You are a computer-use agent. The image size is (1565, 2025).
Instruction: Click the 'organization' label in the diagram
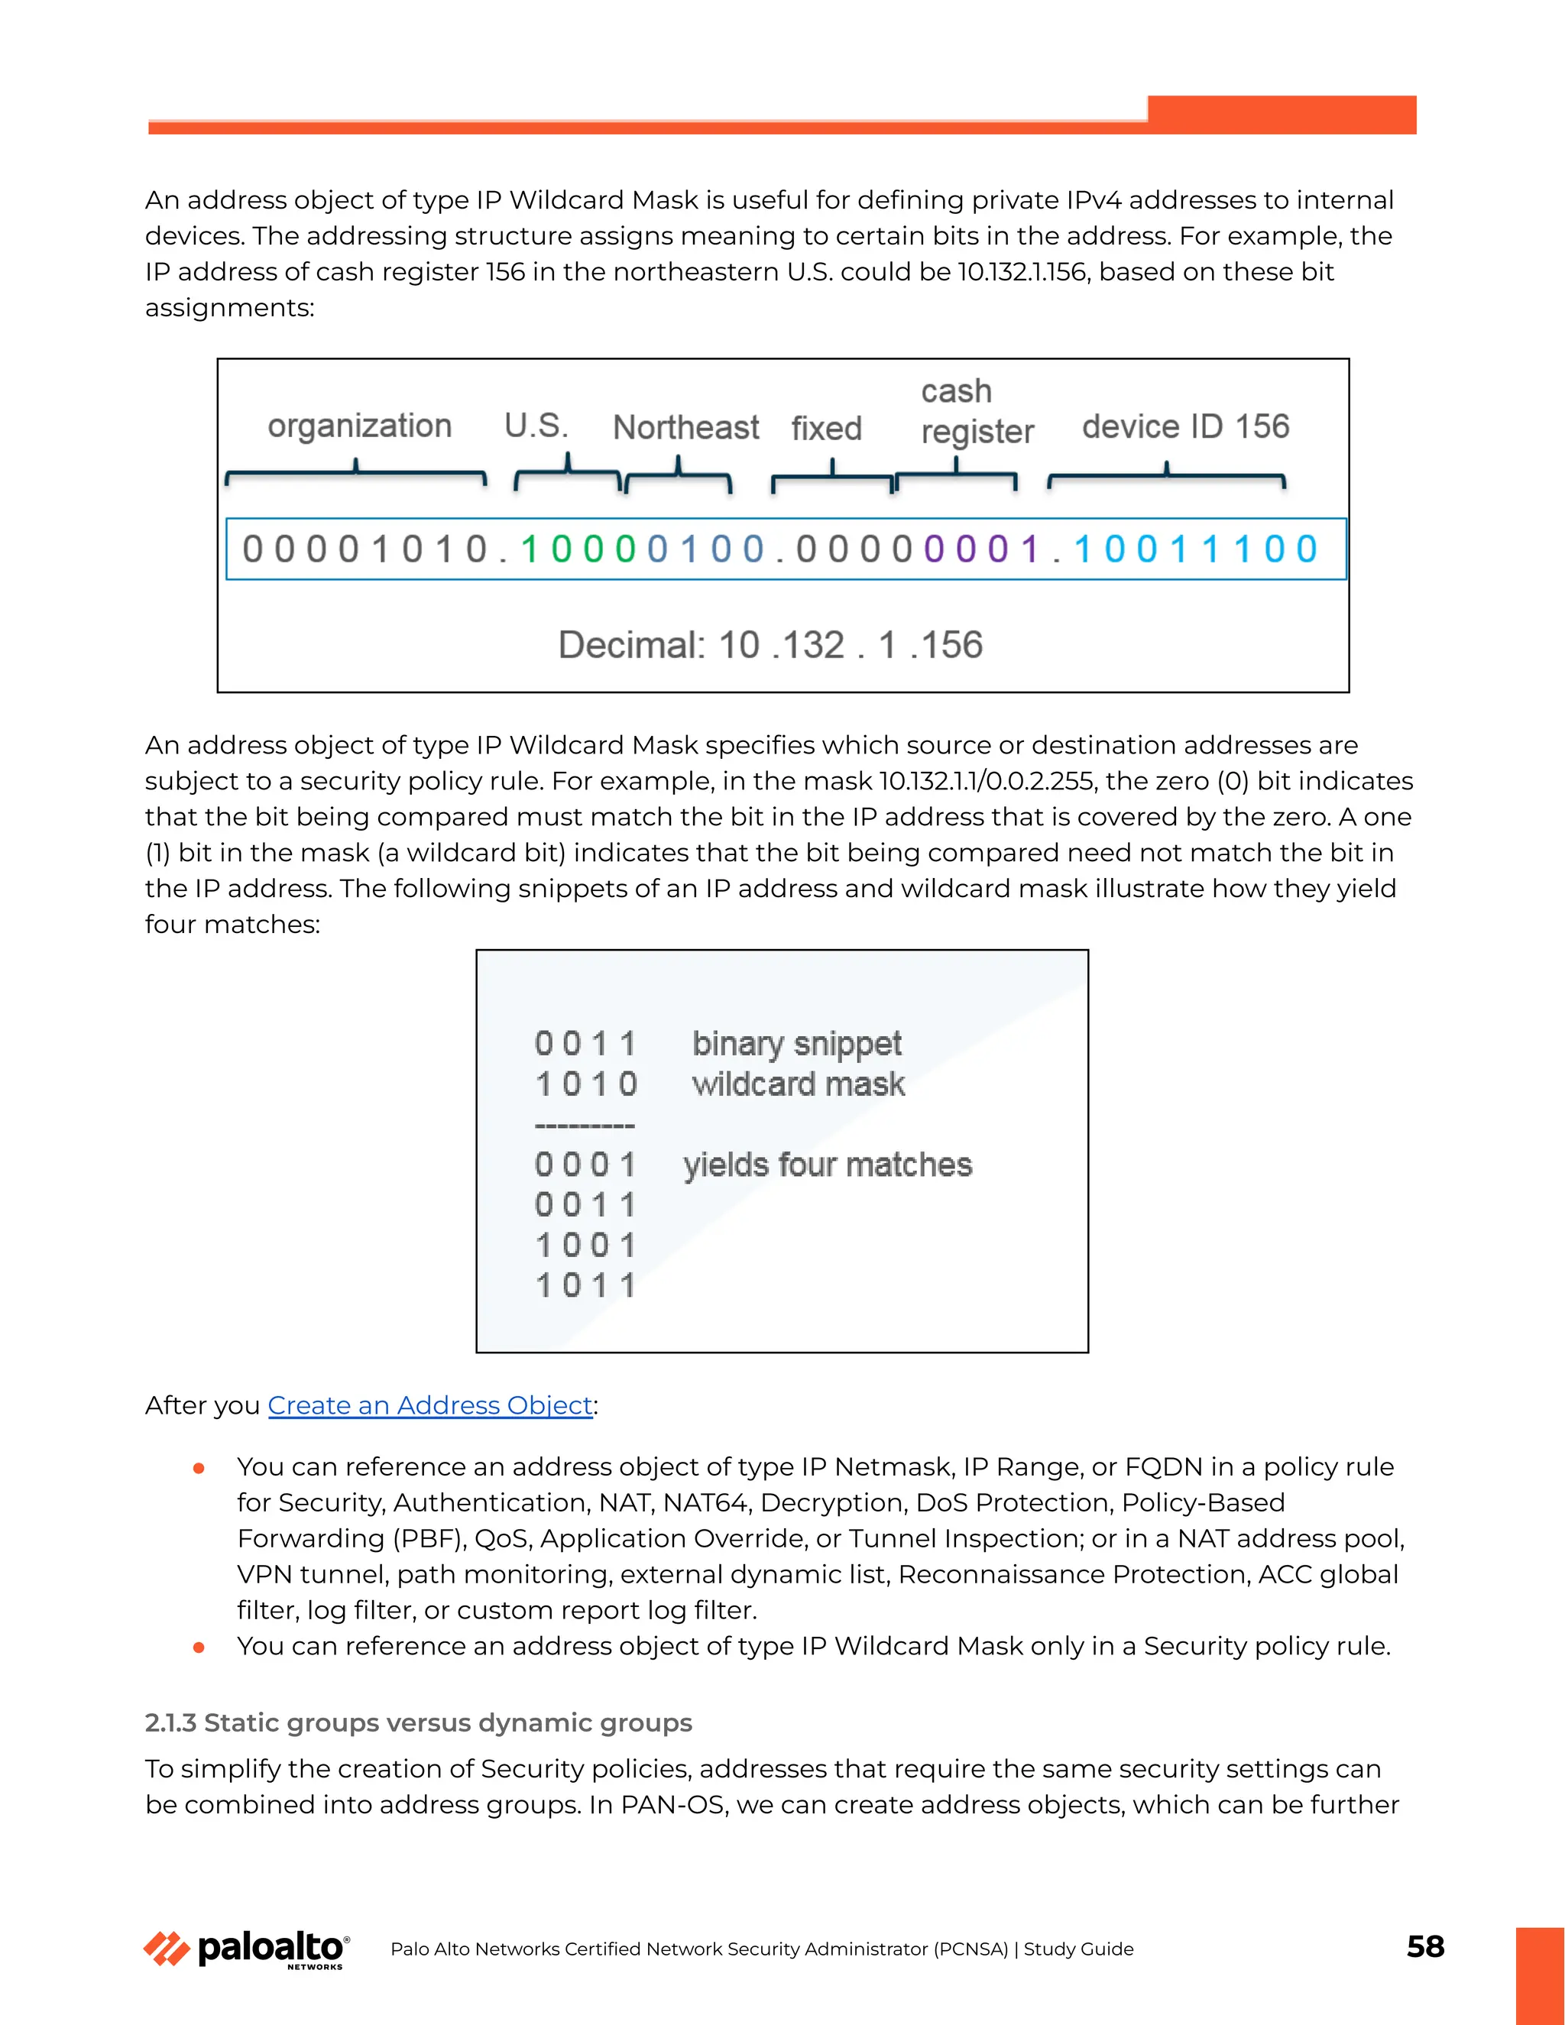click(360, 426)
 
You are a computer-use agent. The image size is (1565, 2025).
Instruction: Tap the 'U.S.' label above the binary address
click(536, 426)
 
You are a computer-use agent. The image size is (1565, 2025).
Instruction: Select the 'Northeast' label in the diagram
click(685, 427)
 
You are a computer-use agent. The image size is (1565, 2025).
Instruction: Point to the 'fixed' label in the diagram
click(826, 429)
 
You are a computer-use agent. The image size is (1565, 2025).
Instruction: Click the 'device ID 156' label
click(1185, 426)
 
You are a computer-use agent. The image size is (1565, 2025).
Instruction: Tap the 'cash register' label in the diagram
click(977, 411)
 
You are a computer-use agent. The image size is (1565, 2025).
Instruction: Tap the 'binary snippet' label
click(796, 1043)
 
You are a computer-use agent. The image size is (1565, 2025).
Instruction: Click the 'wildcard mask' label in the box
click(799, 1084)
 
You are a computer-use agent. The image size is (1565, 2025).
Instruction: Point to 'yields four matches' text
click(827, 1165)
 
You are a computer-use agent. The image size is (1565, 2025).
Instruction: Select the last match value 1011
click(586, 1286)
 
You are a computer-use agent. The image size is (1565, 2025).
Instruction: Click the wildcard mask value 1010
click(586, 1084)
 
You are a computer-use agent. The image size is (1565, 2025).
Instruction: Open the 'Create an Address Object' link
click(430, 1405)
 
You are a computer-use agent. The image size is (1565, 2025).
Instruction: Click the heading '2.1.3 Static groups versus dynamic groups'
click(418, 1722)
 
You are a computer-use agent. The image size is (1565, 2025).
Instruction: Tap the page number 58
click(1425, 1946)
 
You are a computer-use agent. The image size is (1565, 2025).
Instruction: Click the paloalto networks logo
click(247, 1949)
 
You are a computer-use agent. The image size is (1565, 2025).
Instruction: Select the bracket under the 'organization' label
click(356, 474)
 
